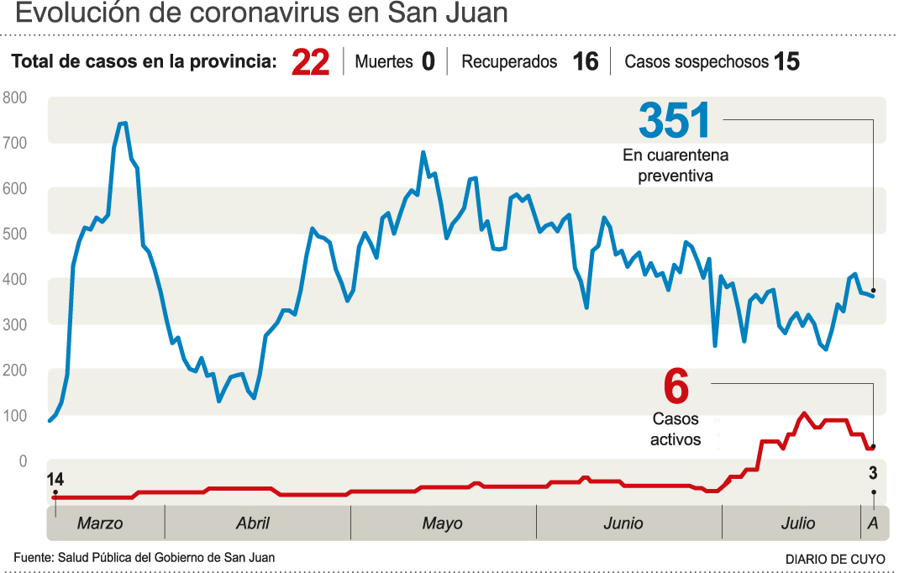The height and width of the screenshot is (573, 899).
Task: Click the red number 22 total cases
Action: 310,63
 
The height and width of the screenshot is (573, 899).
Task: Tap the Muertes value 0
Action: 428,62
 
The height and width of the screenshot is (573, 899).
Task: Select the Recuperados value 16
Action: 585,62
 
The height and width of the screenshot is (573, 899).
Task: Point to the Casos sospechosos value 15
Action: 786,62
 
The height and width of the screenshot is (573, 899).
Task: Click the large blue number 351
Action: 675,121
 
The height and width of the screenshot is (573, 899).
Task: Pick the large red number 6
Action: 676,388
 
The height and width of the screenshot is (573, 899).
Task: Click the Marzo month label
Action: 99,523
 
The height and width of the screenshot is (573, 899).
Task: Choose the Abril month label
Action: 252,523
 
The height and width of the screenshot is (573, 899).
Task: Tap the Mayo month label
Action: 442,523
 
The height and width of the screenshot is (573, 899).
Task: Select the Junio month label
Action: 623,523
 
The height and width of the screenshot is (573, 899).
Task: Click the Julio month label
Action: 796,523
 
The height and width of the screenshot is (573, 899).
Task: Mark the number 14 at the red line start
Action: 55,479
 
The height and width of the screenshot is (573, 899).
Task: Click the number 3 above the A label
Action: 873,472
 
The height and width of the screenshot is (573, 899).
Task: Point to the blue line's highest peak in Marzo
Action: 122,124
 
